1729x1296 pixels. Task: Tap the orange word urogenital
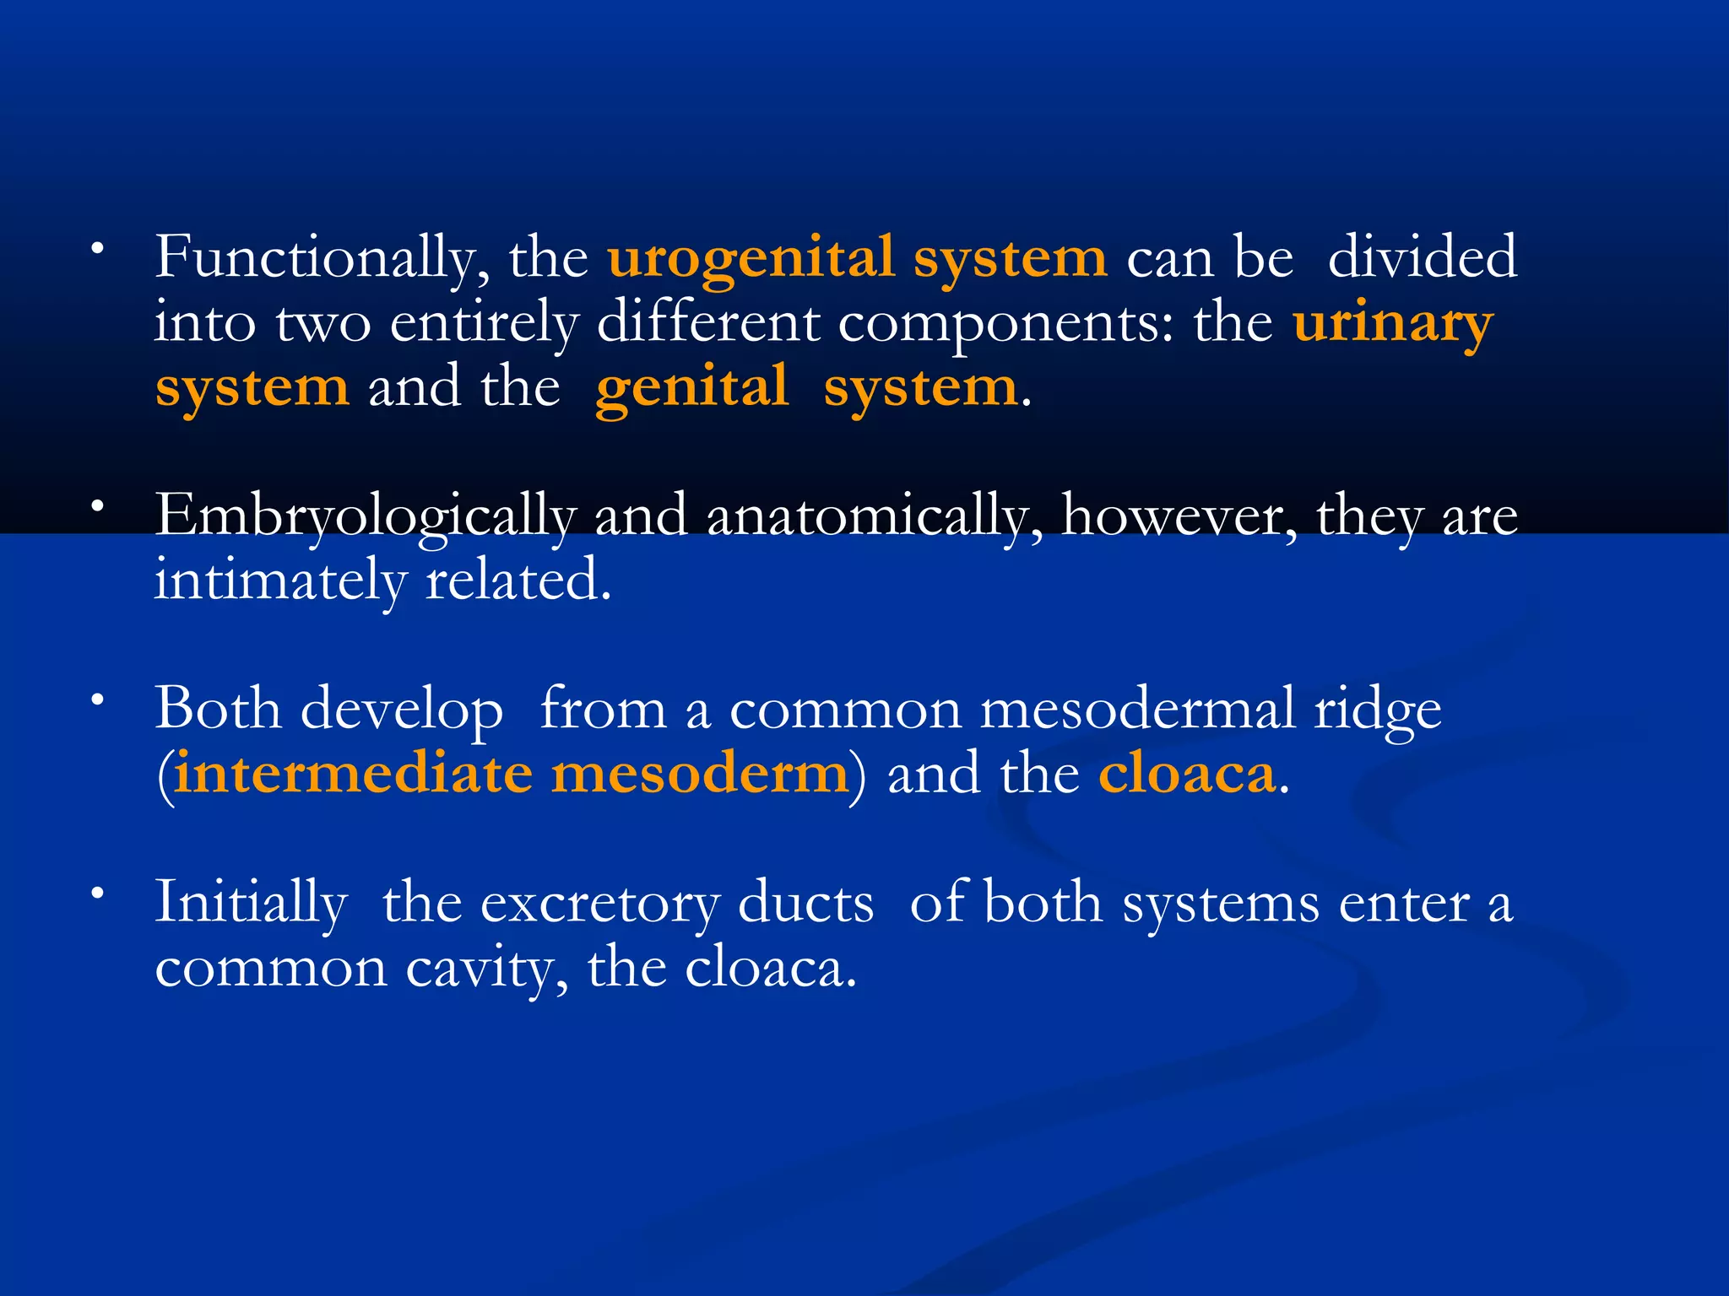[x=751, y=258]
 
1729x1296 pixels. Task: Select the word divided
[x=1423, y=256]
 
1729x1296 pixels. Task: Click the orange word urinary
[x=1393, y=324]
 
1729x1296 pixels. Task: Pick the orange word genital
[x=692, y=388]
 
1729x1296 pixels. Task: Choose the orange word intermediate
[x=354, y=773]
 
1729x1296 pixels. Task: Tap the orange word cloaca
[x=1187, y=773]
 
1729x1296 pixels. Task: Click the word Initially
[x=251, y=903]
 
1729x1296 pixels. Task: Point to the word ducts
[x=806, y=903]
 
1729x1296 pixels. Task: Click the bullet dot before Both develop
[x=99, y=699]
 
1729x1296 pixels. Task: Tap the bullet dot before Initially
[x=99, y=893]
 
